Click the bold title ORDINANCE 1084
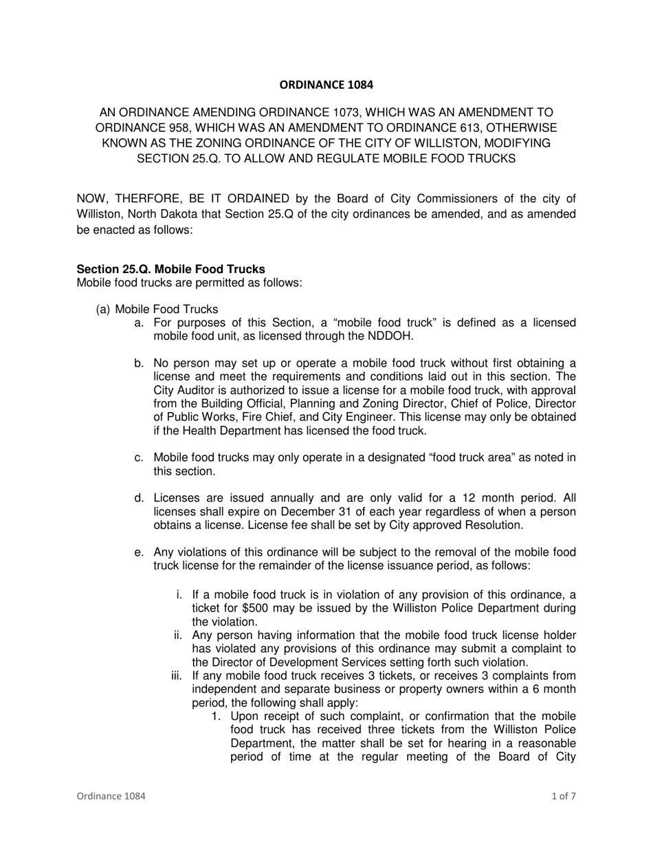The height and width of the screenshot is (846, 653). coord(326,85)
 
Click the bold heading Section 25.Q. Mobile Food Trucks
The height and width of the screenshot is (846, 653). coord(170,269)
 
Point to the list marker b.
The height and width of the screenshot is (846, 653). coord(140,363)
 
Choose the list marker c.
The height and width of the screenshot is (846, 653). coord(140,458)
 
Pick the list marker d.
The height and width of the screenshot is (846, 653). coord(140,498)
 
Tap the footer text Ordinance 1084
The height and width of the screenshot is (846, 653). coord(111,796)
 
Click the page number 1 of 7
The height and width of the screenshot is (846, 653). coord(564,796)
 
